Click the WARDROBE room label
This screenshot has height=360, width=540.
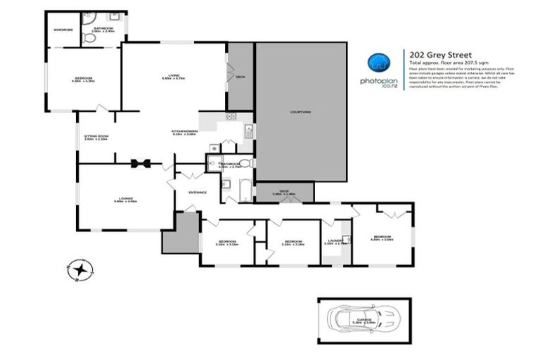click(63, 29)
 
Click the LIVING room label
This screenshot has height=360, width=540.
click(173, 77)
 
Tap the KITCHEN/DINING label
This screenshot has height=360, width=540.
click(184, 131)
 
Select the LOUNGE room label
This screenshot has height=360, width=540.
click(125, 199)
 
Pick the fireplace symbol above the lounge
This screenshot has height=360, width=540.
click(141, 163)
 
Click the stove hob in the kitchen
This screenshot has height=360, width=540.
click(231, 116)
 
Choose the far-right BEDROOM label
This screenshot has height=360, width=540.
click(382, 237)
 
